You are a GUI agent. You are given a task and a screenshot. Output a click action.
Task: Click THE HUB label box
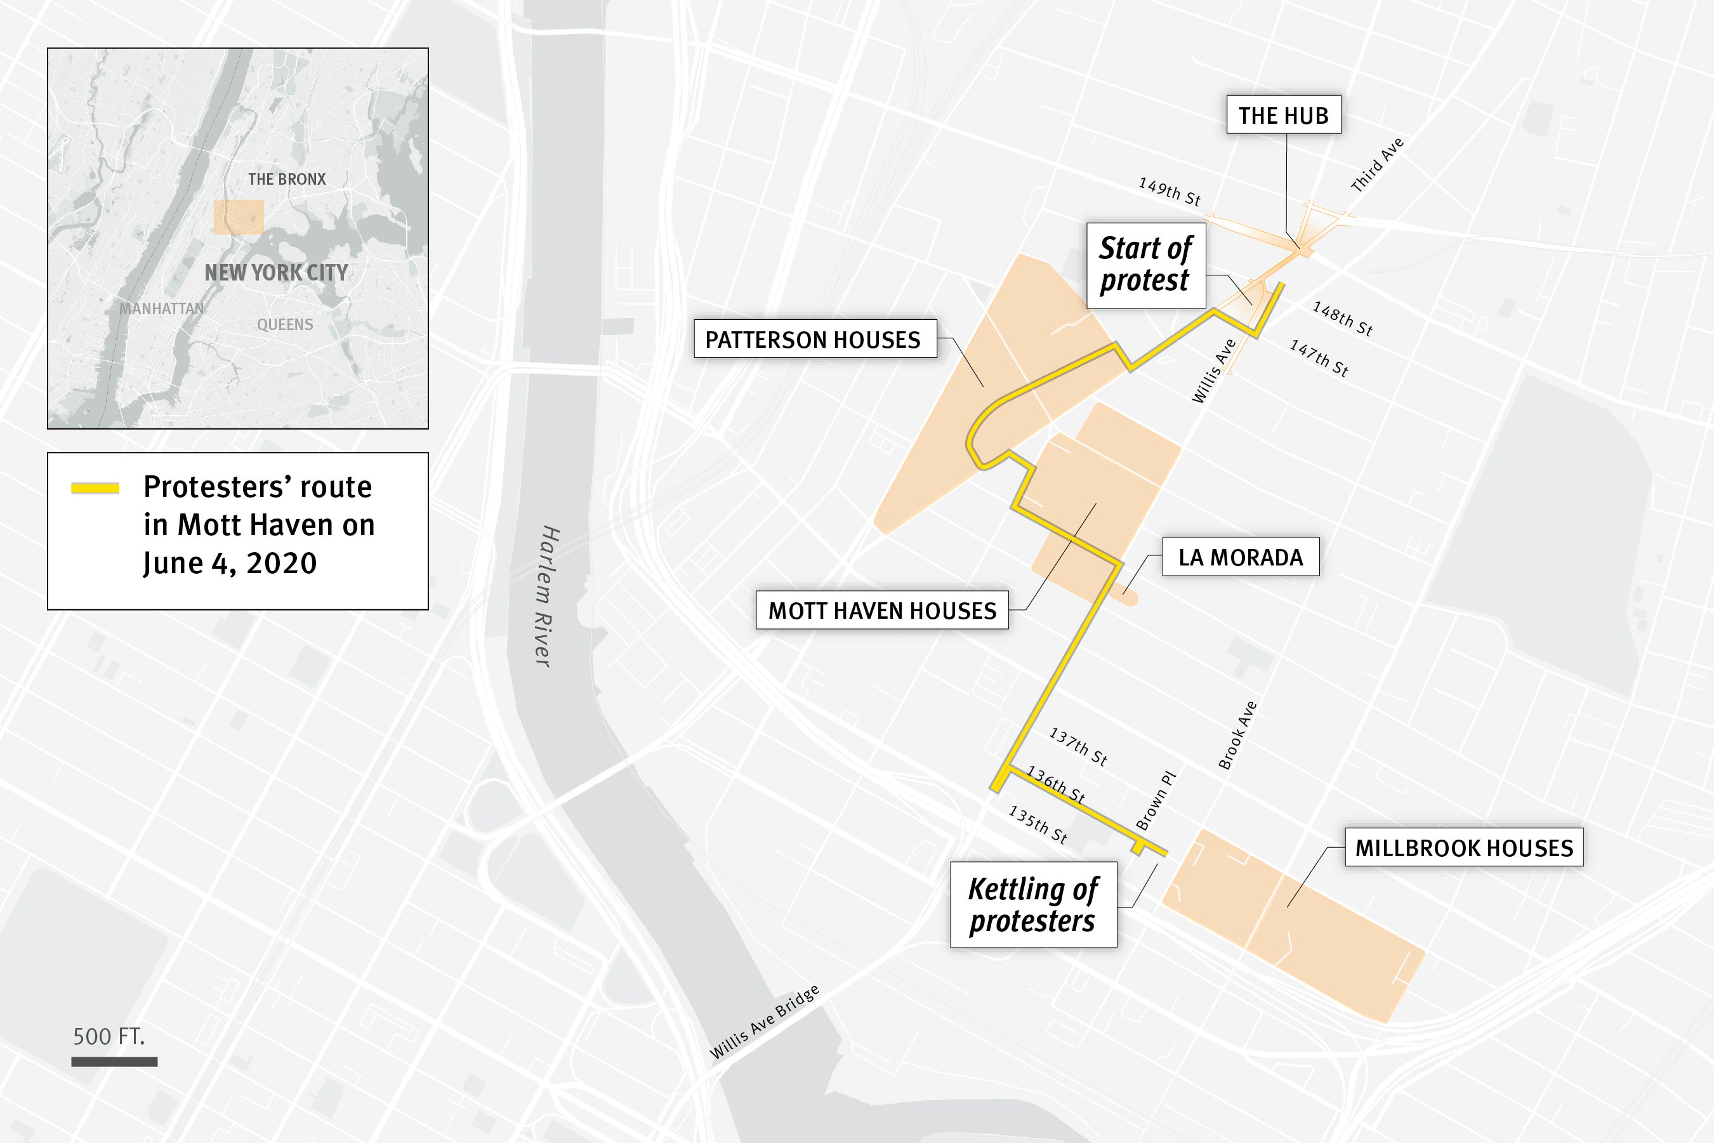1283,115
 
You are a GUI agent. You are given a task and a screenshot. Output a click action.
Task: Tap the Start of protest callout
1145,265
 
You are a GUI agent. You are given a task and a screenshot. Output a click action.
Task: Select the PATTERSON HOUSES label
814,339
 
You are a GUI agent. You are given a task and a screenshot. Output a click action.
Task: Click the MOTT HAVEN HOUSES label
882,610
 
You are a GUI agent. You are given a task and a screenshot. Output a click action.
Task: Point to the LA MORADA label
1241,558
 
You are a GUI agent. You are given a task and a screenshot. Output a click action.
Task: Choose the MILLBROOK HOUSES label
1463,847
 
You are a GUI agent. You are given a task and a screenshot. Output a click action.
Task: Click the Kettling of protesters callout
1032,904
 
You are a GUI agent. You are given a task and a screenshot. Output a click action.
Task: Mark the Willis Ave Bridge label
765,1022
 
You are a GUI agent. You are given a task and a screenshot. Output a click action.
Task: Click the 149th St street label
1169,192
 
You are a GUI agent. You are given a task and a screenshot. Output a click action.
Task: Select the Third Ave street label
1376,165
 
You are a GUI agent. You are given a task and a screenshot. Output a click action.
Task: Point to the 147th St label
1318,358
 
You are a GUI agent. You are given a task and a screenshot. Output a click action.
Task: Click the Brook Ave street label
1237,735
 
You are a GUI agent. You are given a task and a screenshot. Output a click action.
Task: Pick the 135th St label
1038,824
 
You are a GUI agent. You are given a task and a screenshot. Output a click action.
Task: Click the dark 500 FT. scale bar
114,1062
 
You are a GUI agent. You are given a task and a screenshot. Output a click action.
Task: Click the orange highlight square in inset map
239,217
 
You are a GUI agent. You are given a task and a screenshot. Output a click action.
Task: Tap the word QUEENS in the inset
285,324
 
